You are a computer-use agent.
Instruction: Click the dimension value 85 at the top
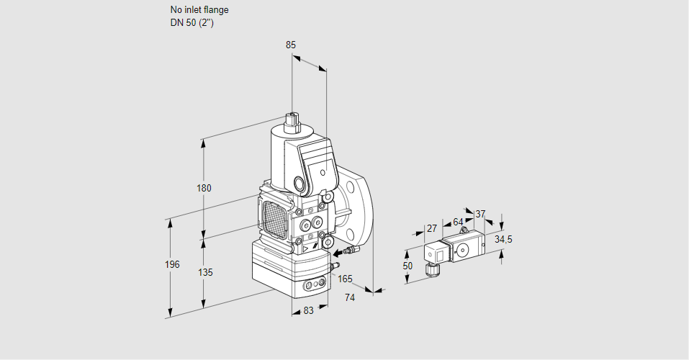click(x=291, y=45)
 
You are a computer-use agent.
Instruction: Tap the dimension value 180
click(x=204, y=189)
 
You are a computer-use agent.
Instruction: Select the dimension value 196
click(x=171, y=265)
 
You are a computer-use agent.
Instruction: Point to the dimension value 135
click(x=205, y=273)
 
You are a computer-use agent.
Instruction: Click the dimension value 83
click(x=308, y=310)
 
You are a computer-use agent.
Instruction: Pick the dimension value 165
click(x=345, y=279)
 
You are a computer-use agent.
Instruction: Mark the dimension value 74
click(x=350, y=297)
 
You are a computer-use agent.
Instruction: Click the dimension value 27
click(x=432, y=228)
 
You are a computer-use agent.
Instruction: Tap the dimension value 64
click(x=458, y=222)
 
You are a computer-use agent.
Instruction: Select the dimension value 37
click(x=481, y=213)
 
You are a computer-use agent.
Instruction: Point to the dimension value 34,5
click(x=503, y=239)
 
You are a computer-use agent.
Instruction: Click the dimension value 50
click(x=407, y=266)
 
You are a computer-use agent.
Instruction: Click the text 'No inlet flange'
click(x=199, y=10)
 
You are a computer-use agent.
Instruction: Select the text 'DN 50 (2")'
click(x=192, y=23)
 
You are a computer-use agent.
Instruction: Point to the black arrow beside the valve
click(x=337, y=253)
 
